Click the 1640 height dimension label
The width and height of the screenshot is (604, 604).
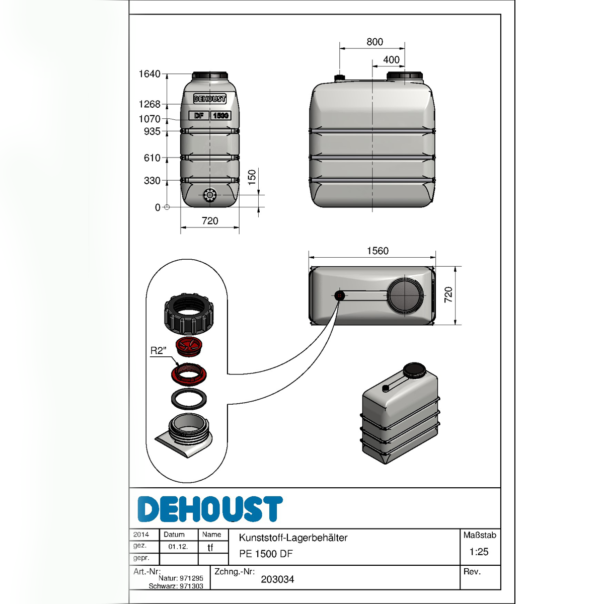tap(149, 74)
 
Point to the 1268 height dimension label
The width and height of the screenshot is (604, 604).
tap(149, 104)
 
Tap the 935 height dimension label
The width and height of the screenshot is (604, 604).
tap(152, 131)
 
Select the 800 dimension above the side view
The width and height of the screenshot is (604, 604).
tap(374, 42)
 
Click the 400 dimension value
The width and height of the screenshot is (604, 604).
tap(391, 59)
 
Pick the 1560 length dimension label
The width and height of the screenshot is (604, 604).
tap(377, 251)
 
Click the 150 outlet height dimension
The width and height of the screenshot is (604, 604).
tap(252, 177)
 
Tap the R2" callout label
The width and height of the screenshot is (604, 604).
tap(158, 350)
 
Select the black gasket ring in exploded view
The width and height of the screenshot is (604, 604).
tap(189, 399)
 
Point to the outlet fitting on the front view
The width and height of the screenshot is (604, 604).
tap(210, 195)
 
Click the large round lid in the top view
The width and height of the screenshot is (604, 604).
tap(405, 295)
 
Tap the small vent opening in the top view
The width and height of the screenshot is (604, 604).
tap(339, 295)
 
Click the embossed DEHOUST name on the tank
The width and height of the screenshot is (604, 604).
tap(210, 99)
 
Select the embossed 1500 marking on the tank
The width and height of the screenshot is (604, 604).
tap(220, 116)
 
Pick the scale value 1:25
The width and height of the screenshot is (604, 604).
tap(479, 552)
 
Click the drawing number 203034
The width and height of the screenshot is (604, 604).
tap(277, 579)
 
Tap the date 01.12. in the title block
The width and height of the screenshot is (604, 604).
tap(178, 547)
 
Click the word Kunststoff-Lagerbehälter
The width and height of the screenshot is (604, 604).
tap(293, 538)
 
